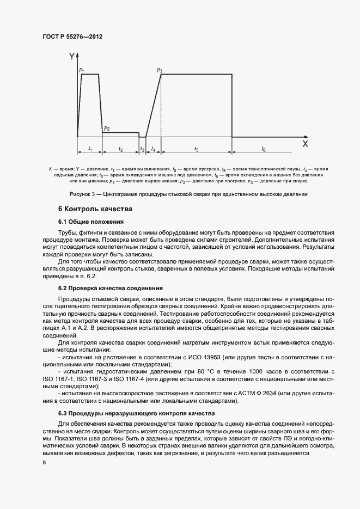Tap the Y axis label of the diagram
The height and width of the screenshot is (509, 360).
point(72,56)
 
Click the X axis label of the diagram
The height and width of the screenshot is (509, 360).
point(305,144)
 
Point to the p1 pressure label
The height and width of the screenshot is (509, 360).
point(81,70)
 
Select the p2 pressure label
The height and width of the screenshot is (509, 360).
point(107,128)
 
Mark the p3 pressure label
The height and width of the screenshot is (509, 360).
point(160,70)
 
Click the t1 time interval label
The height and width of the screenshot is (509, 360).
point(90,149)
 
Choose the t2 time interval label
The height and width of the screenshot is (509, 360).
point(120,149)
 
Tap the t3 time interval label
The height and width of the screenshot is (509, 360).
point(143,149)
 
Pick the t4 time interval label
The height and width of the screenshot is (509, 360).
point(154,149)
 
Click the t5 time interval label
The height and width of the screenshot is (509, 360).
point(196,149)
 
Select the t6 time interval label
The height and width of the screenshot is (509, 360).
point(264,149)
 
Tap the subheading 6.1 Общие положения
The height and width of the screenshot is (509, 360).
point(91,222)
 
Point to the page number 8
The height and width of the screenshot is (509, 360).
point(44,463)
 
